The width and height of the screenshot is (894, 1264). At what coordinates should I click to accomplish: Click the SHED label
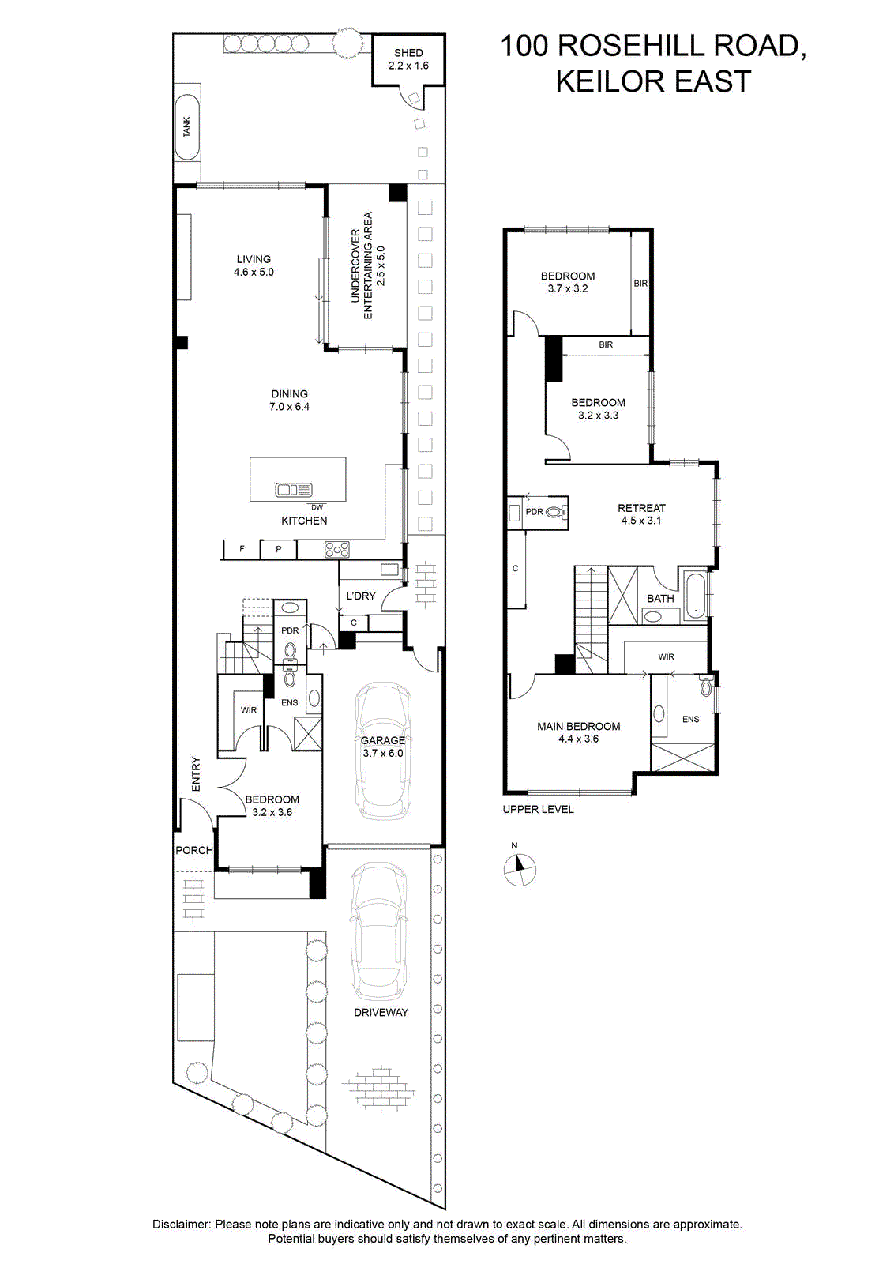coord(408,52)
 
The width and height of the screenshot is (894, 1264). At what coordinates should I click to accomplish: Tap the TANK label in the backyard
coord(186,127)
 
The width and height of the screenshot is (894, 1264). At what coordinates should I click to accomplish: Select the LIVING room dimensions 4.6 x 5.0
coord(254,272)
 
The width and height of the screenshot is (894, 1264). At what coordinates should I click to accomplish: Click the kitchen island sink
coord(293,489)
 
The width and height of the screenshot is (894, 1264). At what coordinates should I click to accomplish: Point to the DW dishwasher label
coord(317,507)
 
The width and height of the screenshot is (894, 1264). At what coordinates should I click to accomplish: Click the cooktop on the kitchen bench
coord(336,549)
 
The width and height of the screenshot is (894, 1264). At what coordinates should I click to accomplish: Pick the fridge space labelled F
coord(242,548)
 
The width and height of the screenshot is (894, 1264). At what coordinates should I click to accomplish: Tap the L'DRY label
coord(361,596)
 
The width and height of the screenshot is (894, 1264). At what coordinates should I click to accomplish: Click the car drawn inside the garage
coord(383,751)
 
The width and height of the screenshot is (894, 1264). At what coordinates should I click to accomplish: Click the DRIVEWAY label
coord(381,1012)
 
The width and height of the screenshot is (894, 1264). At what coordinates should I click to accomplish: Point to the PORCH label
coord(194,850)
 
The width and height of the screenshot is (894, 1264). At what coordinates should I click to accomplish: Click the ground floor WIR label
coord(249,710)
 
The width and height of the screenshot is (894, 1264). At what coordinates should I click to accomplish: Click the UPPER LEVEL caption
coord(538,809)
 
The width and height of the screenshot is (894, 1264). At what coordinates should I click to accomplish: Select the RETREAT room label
coord(641,508)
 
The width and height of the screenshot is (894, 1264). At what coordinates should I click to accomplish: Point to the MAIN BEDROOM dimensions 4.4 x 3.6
coord(579,739)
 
